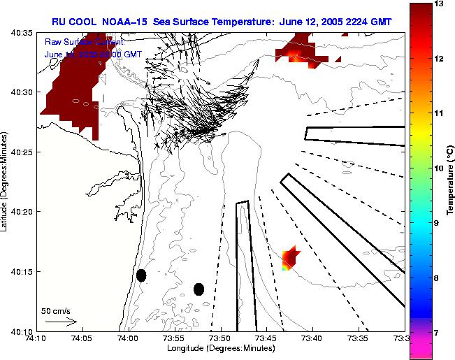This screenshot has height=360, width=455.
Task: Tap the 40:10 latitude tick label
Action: (23, 331)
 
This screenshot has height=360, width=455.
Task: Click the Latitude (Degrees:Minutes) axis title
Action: (6, 180)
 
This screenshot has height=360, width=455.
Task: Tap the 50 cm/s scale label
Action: (56, 310)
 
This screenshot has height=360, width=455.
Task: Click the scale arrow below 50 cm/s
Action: (60, 322)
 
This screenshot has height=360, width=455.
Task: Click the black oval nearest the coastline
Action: (141, 275)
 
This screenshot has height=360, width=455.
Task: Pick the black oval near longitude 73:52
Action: (198, 289)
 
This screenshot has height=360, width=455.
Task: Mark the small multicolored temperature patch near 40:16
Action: (289, 259)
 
